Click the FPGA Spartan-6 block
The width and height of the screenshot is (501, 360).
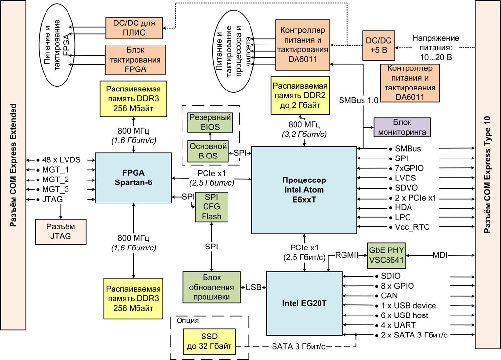(133, 178)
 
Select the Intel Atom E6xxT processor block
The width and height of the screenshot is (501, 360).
(304, 190)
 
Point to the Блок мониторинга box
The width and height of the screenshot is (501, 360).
(402, 127)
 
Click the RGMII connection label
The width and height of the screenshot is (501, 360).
(347, 254)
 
